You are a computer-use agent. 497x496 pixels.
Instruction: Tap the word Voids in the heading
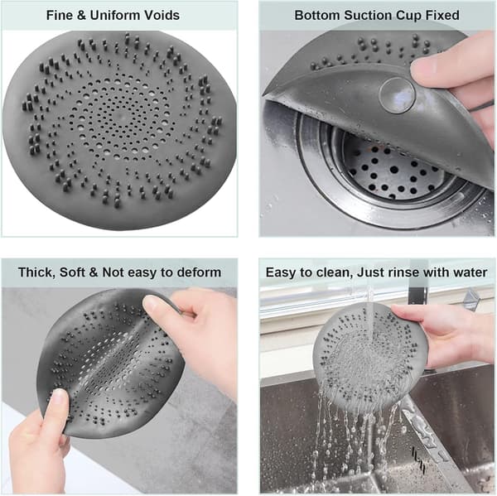(x=163, y=15)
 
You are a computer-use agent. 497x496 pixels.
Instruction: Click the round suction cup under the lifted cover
(x=397, y=95)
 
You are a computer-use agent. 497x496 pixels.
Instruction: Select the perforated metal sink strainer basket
(x=393, y=173)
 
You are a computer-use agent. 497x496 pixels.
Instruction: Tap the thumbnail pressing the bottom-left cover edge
(x=59, y=395)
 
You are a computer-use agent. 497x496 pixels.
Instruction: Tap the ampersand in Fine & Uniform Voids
(x=81, y=15)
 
